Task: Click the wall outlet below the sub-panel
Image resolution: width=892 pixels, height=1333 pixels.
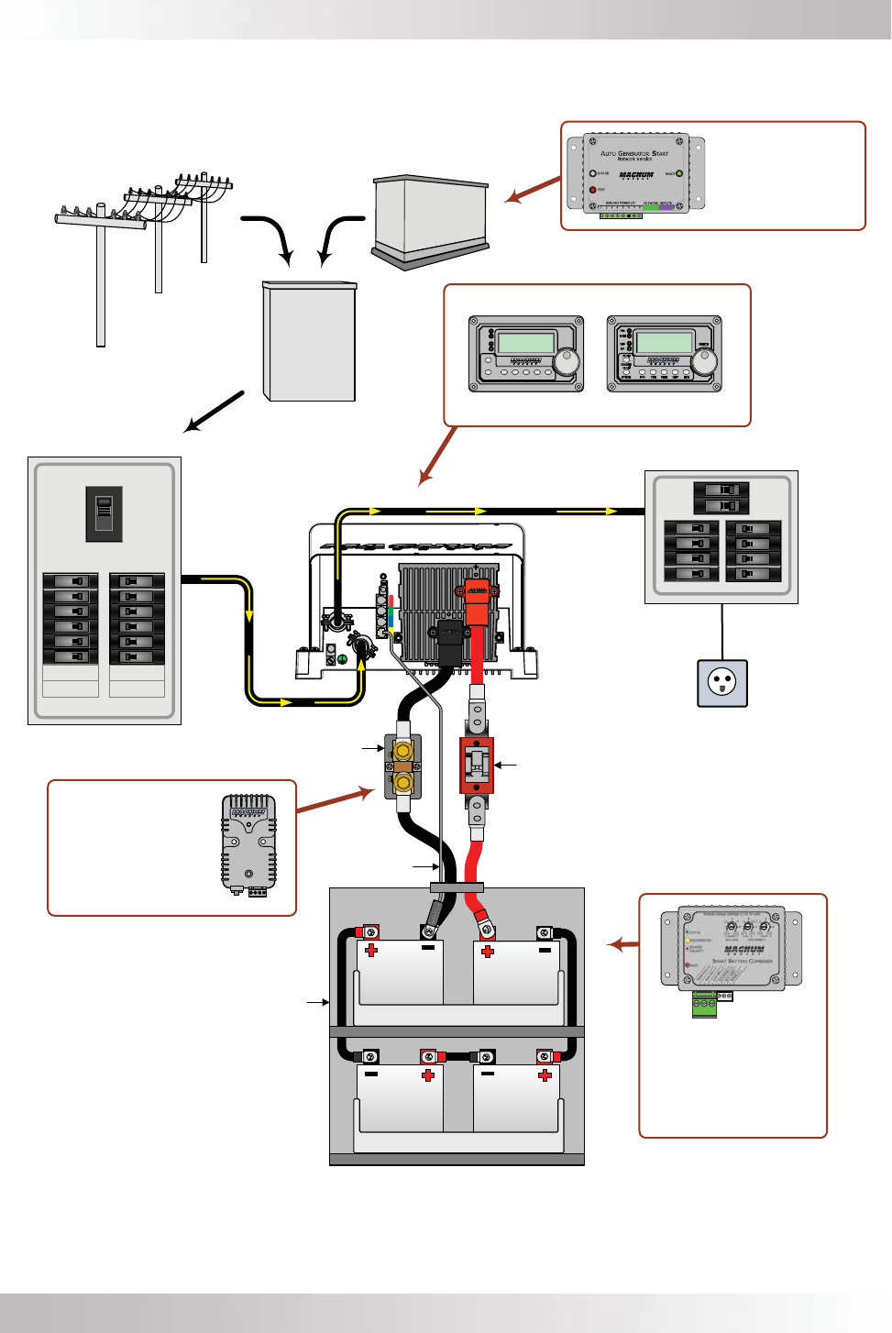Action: pos(722,683)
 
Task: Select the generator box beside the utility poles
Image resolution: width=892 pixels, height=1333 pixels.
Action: pos(430,220)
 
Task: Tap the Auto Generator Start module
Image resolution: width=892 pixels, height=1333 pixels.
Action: pos(635,174)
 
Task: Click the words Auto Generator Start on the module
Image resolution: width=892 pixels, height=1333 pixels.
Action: pos(634,153)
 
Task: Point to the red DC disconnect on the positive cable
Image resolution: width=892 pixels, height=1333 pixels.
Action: pos(476,765)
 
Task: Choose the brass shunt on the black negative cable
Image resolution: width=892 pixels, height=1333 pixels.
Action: pos(402,766)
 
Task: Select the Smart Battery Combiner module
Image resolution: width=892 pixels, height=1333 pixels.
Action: pos(731,949)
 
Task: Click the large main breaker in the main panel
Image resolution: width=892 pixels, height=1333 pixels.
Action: pos(104,512)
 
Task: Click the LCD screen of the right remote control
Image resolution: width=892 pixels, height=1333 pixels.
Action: pos(664,343)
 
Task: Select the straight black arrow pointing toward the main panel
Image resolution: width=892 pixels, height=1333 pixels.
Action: pos(214,412)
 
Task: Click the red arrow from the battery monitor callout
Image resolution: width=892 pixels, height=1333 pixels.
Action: pos(335,799)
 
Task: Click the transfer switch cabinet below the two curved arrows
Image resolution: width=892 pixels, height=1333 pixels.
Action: pos(309,341)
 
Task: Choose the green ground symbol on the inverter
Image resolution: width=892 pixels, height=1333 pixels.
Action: pos(342,659)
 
